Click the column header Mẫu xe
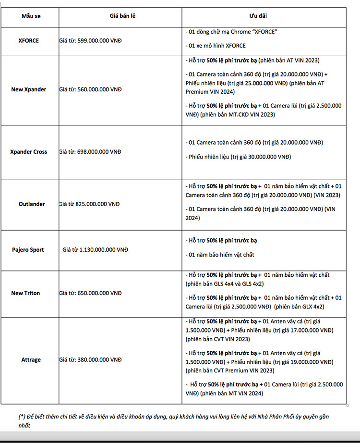tap(31, 16)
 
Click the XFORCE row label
tap(29, 41)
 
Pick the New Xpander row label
tap(29, 89)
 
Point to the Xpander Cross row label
tap(29, 152)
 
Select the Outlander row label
tap(32, 204)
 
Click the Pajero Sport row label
tap(28, 250)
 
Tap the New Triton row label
tap(26, 293)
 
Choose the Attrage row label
tap(31, 360)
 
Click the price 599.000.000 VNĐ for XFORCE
tap(99, 41)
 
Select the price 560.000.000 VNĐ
tap(99, 89)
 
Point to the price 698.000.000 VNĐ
tap(99, 152)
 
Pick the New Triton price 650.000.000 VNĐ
tap(99, 293)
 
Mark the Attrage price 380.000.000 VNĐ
tap(99, 360)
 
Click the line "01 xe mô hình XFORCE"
tap(216, 46)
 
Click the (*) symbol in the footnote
tap(22, 417)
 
